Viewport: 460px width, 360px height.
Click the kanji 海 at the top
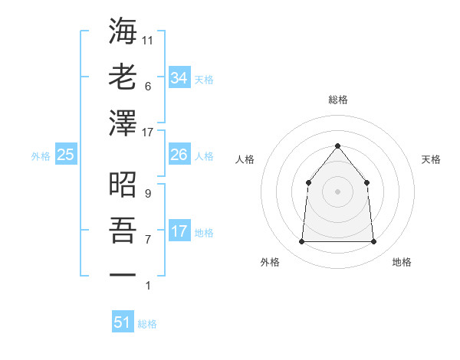[x=123, y=32]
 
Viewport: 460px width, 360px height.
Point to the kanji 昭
[x=123, y=185]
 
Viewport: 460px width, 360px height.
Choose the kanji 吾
[x=123, y=230]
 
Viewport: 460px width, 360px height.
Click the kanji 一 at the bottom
[x=123, y=274]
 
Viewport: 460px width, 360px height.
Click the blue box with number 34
[x=179, y=77]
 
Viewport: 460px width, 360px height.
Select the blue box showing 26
[x=179, y=155]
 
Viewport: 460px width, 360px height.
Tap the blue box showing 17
[x=179, y=231]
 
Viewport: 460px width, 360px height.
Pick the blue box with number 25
[x=66, y=155]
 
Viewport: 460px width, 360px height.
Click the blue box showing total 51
[x=123, y=322]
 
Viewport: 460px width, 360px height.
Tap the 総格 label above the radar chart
[x=337, y=100]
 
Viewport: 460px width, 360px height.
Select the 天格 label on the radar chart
[x=431, y=159]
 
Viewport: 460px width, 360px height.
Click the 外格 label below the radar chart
[x=270, y=262]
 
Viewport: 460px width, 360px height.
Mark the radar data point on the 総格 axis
[x=337, y=146]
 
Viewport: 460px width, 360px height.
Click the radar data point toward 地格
[x=373, y=241]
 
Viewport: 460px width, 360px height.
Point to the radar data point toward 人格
[x=308, y=182]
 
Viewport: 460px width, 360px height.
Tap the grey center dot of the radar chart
[x=337, y=191]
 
